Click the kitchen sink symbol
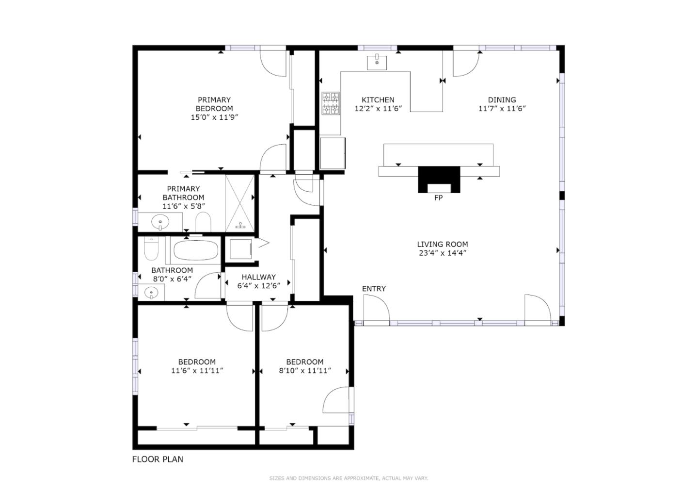click(x=377, y=63)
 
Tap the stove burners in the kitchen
click(x=331, y=103)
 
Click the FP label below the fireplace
click(x=438, y=198)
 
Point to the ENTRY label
click(x=374, y=289)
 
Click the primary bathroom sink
click(x=160, y=223)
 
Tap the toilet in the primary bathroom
click(x=203, y=224)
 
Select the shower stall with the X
click(x=240, y=201)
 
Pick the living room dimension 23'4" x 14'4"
click(x=443, y=253)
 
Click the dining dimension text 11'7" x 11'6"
click(x=502, y=109)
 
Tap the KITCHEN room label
click(x=378, y=100)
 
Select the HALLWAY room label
click(x=258, y=277)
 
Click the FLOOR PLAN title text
click(x=158, y=459)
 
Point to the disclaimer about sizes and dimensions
click(x=349, y=478)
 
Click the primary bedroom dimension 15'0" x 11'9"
click(x=214, y=117)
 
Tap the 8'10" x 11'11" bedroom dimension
click(x=304, y=371)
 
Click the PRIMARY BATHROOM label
click(x=183, y=193)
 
